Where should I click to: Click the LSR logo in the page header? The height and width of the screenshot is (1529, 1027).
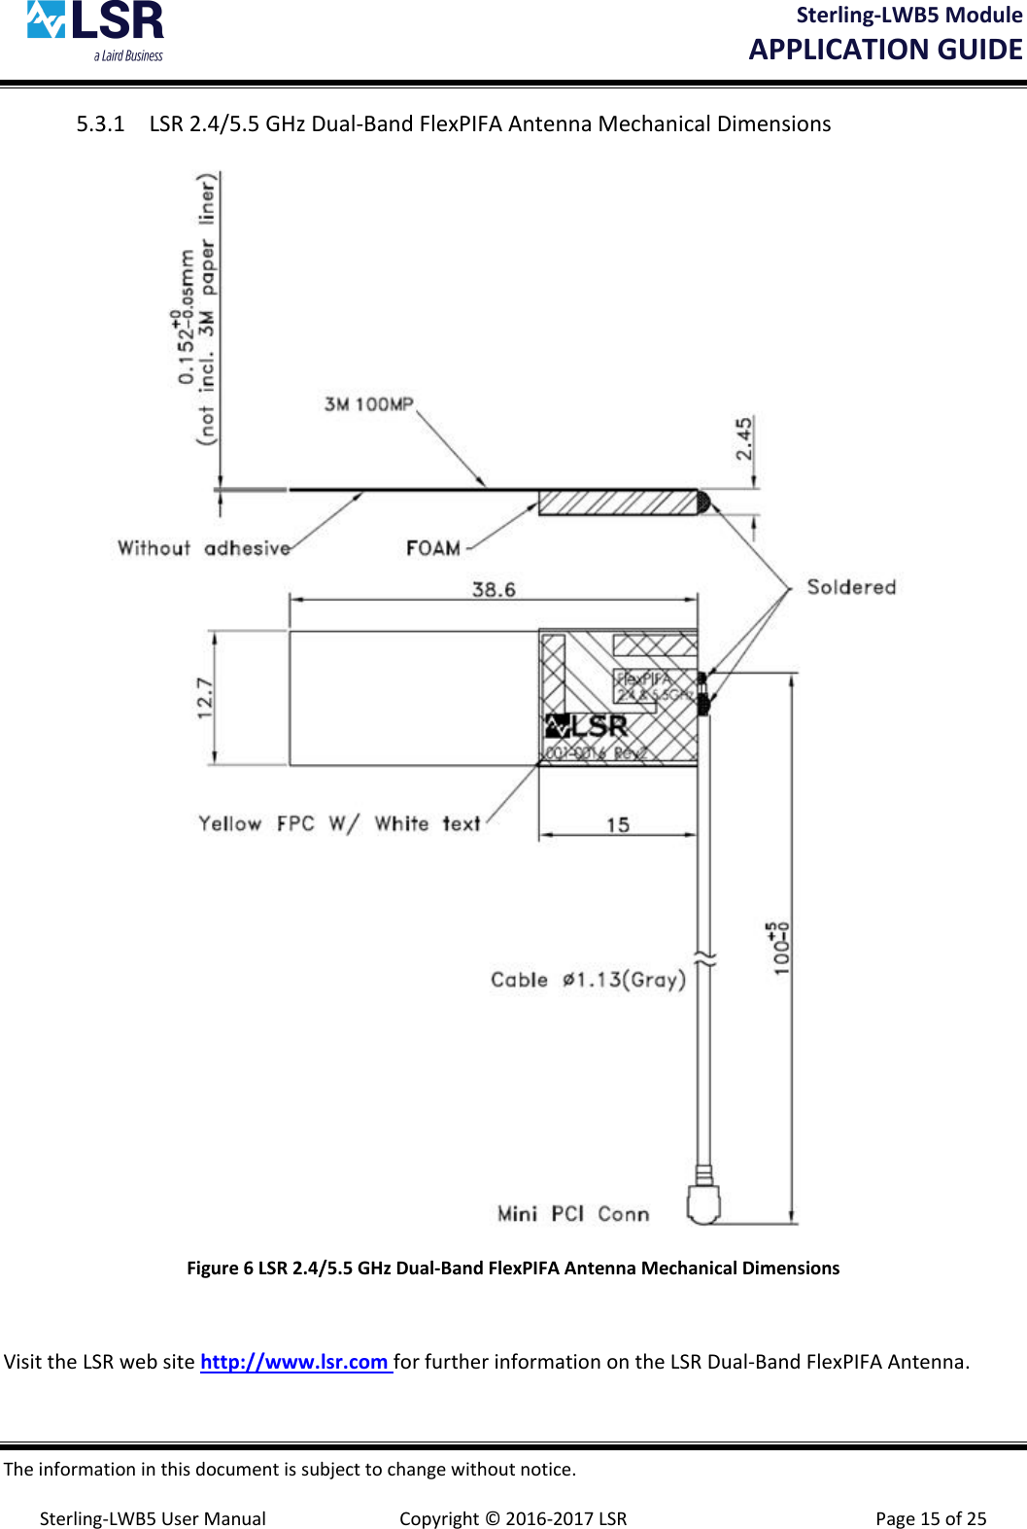95,30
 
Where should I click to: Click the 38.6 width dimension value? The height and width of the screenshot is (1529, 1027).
494,590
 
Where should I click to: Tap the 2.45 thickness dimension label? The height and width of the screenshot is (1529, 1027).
744,438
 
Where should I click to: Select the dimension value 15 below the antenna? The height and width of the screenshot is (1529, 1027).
618,825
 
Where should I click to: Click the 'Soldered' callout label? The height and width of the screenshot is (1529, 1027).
851,587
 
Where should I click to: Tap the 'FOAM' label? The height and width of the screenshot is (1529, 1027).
433,548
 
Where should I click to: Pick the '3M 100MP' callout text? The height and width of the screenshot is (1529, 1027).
369,404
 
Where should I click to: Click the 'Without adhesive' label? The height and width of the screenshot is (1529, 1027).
204,548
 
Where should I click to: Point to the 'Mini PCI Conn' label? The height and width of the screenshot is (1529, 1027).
573,1214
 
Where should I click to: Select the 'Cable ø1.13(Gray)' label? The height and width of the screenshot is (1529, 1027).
588,980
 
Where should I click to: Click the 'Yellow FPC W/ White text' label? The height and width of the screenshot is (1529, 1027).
339,824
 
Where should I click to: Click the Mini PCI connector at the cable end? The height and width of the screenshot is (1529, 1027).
703,1203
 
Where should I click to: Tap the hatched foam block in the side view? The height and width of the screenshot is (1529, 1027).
618,503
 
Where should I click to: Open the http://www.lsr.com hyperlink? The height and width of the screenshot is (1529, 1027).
294,1362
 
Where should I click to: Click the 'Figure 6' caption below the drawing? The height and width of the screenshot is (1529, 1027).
513,1268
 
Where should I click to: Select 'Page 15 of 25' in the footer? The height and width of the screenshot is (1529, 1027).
931,1518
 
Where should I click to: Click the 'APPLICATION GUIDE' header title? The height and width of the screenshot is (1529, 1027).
885,50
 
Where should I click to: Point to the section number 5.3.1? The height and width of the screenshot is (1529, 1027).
101,124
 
